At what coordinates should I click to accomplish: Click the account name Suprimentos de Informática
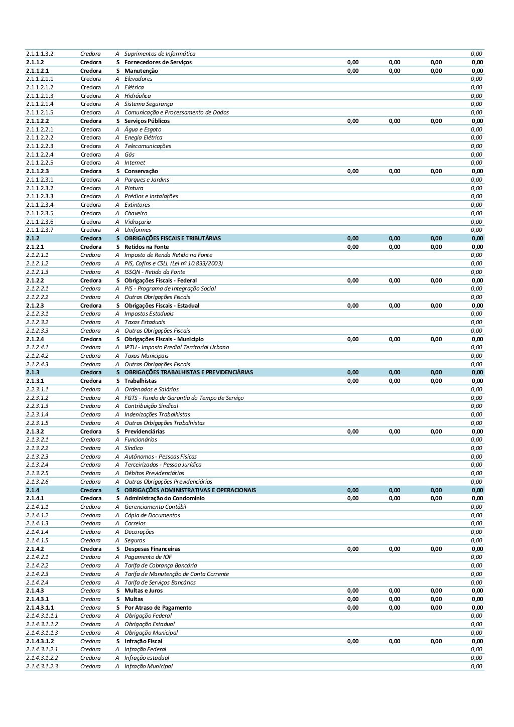click(x=160, y=54)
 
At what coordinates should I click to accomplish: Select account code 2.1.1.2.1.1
click(x=40, y=79)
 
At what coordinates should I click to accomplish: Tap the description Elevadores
click(x=139, y=79)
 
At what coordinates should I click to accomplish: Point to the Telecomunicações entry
click(x=148, y=146)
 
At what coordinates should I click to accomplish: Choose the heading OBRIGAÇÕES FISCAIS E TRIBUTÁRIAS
click(x=173, y=238)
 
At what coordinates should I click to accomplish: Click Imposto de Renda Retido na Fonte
click(x=168, y=255)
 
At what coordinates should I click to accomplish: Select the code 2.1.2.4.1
click(x=37, y=347)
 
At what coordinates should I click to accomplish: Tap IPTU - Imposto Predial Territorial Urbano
click(x=177, y=347)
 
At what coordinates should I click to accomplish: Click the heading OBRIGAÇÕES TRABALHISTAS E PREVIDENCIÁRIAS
click(x=189, y=372)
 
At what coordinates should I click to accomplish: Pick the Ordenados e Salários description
click(x=151, y=389)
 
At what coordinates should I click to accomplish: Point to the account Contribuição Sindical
click(x=151, y=406)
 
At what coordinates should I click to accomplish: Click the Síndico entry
click(x=134, y=448)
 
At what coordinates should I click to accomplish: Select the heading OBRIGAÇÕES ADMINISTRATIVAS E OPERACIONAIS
click(x=190, y=490)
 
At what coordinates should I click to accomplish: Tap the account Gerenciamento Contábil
click(x=155, y=507)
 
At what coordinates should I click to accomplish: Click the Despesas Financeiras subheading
click(x=152, y=549)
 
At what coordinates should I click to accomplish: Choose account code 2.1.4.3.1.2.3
click(x=42, y=666)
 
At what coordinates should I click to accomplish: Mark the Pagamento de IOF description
click(x=148, y=557)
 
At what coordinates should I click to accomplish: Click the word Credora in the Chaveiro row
click(x=90, y=213)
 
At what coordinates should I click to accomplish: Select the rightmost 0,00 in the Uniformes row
click(x=476, y=230)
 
